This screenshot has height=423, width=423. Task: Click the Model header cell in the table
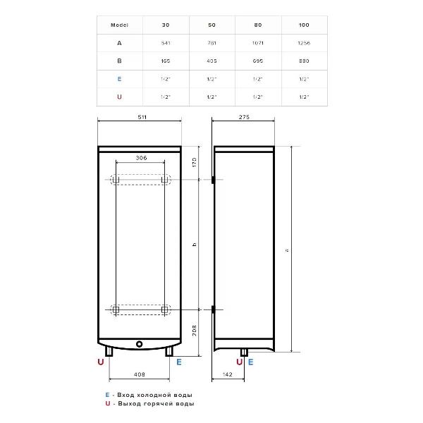coord(119,25)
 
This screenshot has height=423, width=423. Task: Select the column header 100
coord(304,25)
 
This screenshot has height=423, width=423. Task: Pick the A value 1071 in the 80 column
coord(257,42)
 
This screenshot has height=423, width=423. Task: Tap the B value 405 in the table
coord(211,61)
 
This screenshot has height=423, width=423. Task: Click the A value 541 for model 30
coord(166,42)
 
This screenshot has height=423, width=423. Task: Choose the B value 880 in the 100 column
coord(304,61)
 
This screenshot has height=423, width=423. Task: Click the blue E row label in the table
coord(119,79)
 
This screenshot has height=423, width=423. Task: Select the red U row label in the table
coord(119,97)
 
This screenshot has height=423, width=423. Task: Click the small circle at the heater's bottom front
coord(140,345)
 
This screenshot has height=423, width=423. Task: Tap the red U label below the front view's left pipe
coord(100,362)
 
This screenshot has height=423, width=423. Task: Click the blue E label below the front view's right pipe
coord(179,362)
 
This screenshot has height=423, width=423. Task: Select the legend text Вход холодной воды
coord(153,395)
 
